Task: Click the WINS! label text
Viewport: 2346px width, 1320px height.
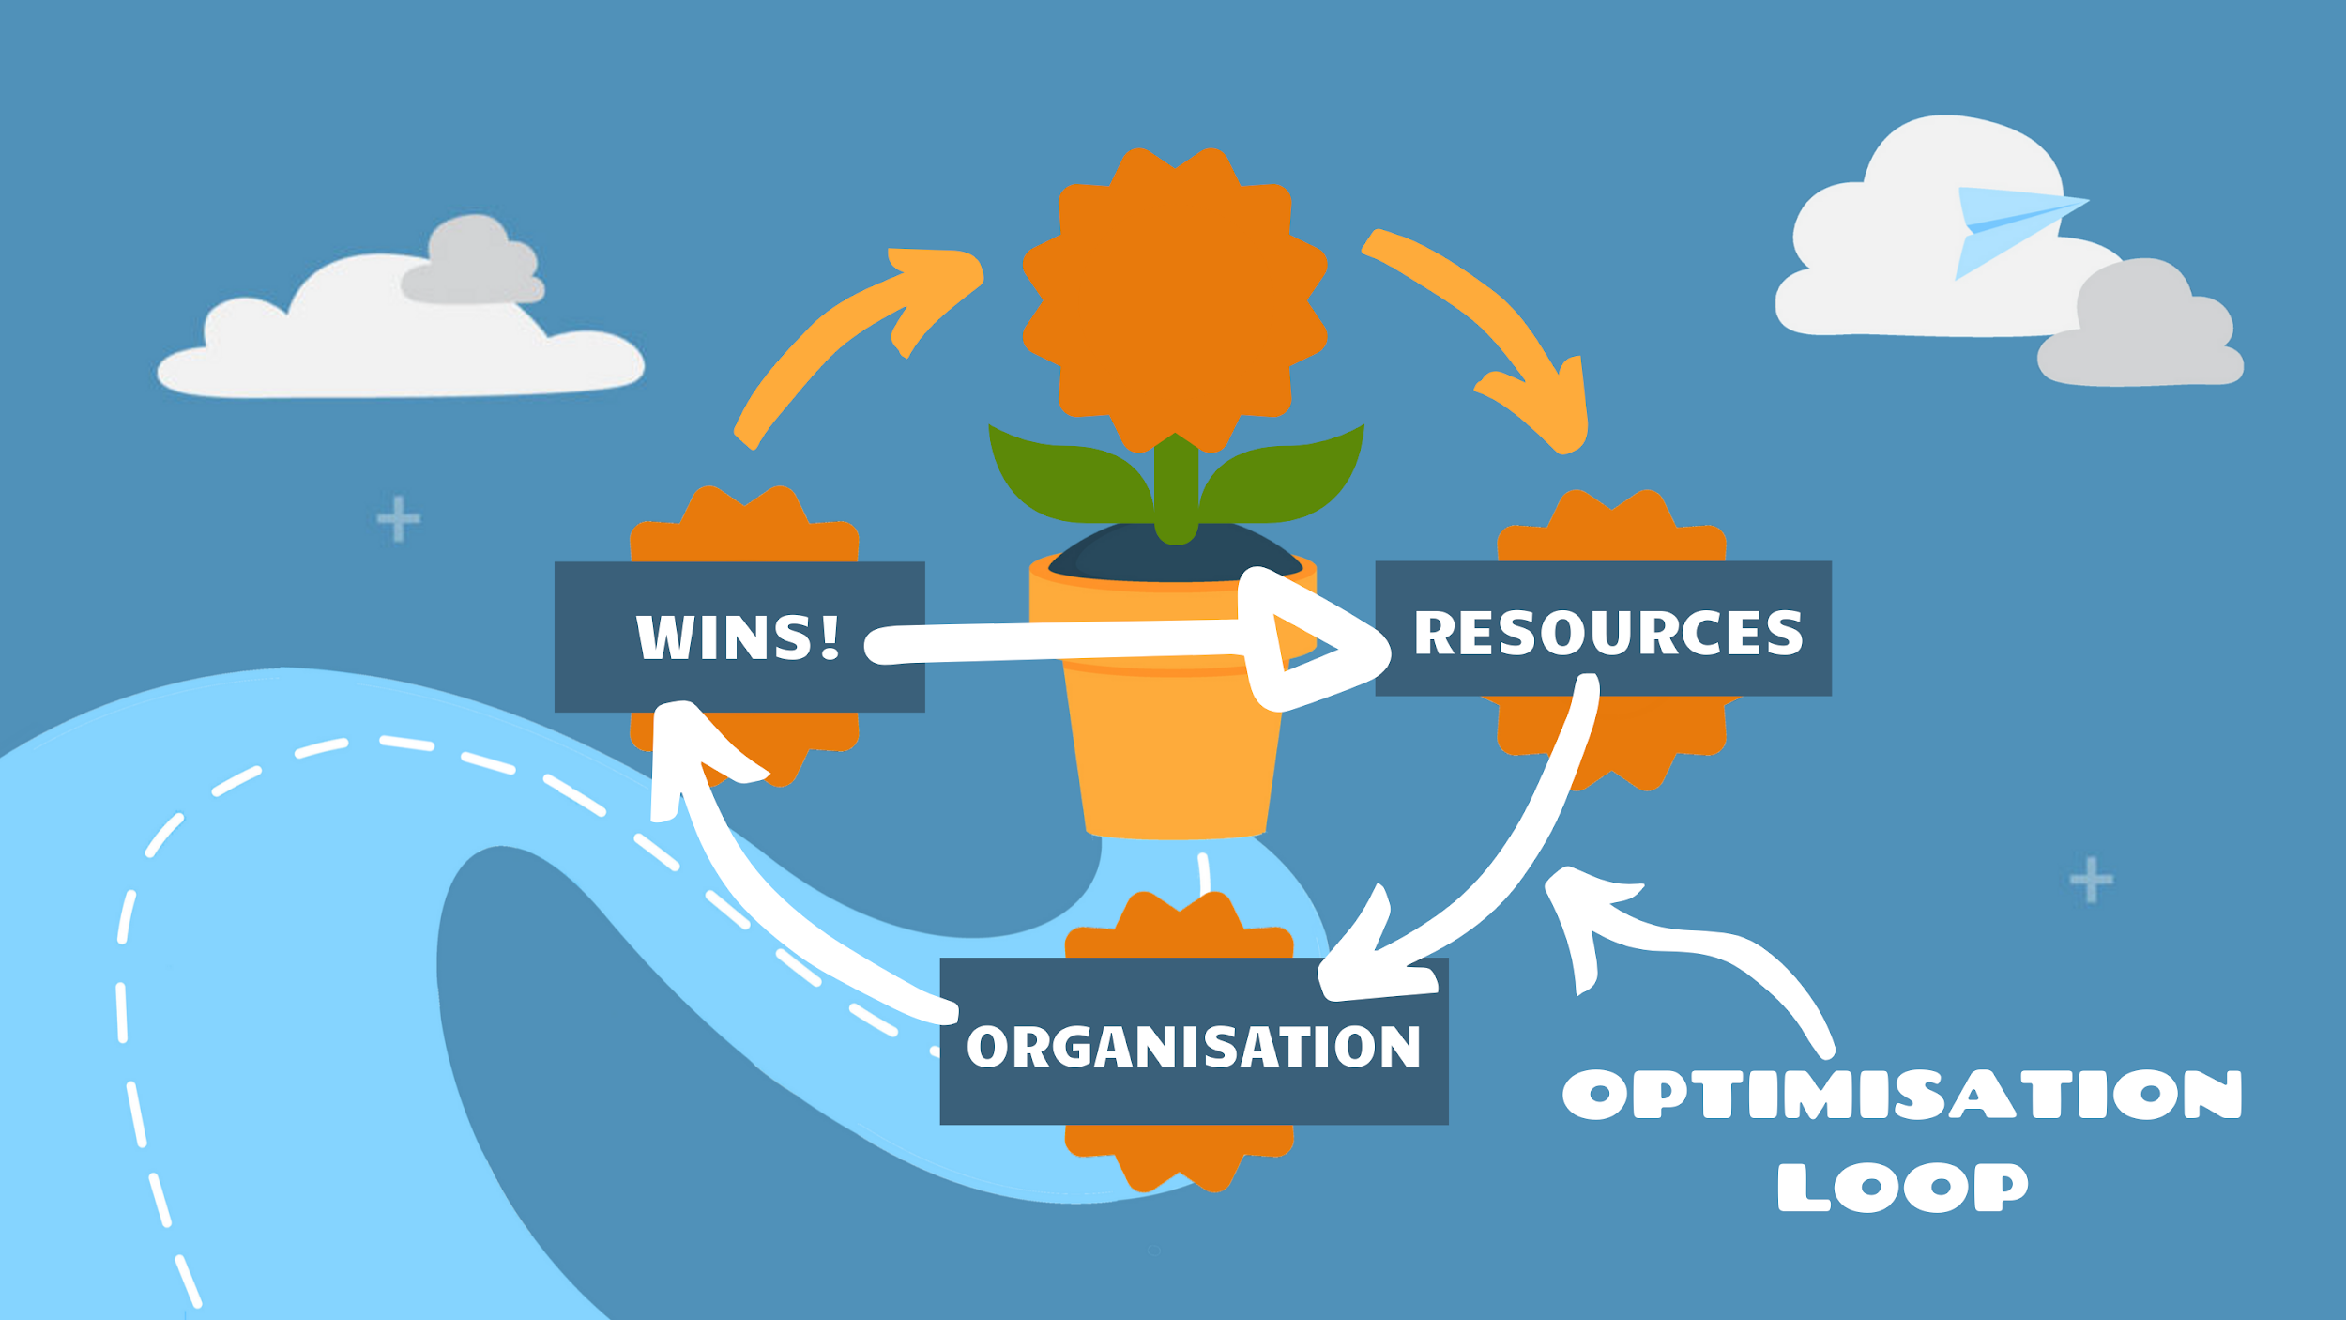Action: coord(738,637)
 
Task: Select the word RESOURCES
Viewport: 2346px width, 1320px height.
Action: coord(1608,632)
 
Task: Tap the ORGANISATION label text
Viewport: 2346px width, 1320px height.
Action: coord(1194,1047)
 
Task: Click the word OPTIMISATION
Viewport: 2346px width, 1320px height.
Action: coord(1901,1095)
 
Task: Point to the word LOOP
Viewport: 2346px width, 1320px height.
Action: coord(1903,1188)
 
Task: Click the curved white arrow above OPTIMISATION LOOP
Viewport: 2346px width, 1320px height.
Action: coord(1689,948)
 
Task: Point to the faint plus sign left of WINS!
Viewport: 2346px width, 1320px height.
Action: coord(398,519)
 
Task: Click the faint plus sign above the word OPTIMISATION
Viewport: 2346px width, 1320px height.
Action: coord(2092,880)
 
